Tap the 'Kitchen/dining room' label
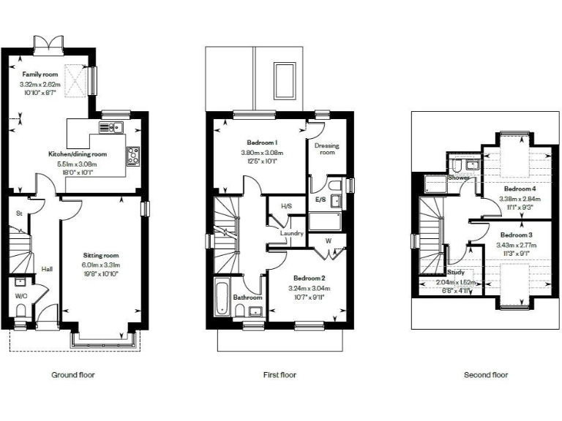click(x=77, y=154)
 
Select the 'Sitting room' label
click(x=100, y=255)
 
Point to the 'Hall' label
click(x=47, y=269)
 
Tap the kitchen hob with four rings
click(x=133, y=155)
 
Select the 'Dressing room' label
click(x=326, y=149)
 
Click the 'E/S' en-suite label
click(x=321, y=199)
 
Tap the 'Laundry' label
click(x=291, y=233)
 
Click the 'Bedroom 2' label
click(x=309, y=278)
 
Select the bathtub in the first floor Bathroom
click(x=221, y=297)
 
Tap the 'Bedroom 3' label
click(x=514, y=235)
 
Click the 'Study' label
click(x=456, y=273)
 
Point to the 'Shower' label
click(x=459, y=178)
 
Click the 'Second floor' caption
click(x=485, y=375)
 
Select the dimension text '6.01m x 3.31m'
click(x=100, y=265)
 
